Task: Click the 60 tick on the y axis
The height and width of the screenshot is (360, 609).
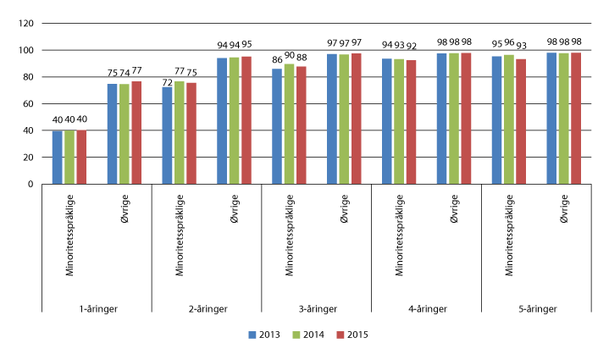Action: click(x=26, y=104)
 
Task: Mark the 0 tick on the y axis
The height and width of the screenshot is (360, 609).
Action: click(x=30, y=184)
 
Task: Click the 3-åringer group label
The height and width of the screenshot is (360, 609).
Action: click(x=316, y=310)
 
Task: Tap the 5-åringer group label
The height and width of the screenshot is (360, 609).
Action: click(x=536, y=310)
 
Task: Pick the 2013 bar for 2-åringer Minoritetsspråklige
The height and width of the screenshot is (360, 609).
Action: click(x=168, y=136)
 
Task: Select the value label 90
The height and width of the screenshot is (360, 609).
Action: click(x=289, y=56)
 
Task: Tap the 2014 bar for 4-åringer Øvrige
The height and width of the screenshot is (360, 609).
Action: click(x=454, y=119)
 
